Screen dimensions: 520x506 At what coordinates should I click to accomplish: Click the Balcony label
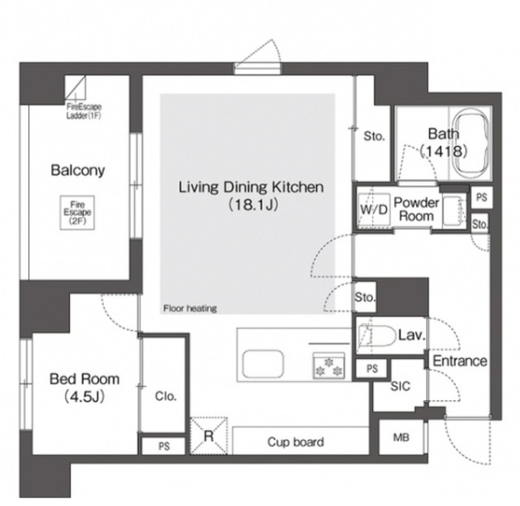coord(78,171)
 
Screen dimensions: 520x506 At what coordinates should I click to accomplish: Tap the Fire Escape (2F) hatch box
coord(77,213)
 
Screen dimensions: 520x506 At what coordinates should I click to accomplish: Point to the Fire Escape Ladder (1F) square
coord(75,87)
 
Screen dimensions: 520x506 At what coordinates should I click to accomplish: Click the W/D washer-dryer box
coord(374,210)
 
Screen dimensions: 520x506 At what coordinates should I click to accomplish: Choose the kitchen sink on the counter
coord(263,363)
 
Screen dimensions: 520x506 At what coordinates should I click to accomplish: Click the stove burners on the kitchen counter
coord(329,365)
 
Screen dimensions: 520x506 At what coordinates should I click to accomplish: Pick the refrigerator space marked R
coord(209,435)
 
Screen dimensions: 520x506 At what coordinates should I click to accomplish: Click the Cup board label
coord(296,442)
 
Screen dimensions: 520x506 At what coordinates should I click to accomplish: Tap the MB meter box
coord(401,437)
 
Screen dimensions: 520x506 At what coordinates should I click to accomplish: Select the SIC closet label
coord(401,386)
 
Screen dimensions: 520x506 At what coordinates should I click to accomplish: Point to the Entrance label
coord(460,361)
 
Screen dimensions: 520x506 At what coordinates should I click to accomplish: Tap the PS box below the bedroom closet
coord(163,446)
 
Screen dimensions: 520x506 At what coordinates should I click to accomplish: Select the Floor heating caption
coord(189,309)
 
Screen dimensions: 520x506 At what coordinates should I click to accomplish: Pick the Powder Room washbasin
coord(453,210)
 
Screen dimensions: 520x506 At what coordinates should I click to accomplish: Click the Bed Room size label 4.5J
coord(84,396)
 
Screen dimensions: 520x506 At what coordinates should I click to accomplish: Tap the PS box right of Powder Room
coord(482,197)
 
